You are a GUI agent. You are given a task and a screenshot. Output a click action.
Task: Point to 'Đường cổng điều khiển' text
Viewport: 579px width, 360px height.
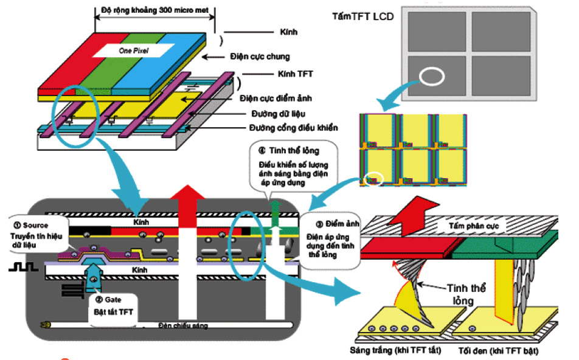tap(294, 128)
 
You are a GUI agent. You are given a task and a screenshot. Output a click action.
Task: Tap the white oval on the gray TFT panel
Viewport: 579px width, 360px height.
tap(432, 76)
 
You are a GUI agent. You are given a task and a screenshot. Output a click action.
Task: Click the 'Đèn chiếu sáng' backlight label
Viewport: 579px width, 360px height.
tap(182, 326)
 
